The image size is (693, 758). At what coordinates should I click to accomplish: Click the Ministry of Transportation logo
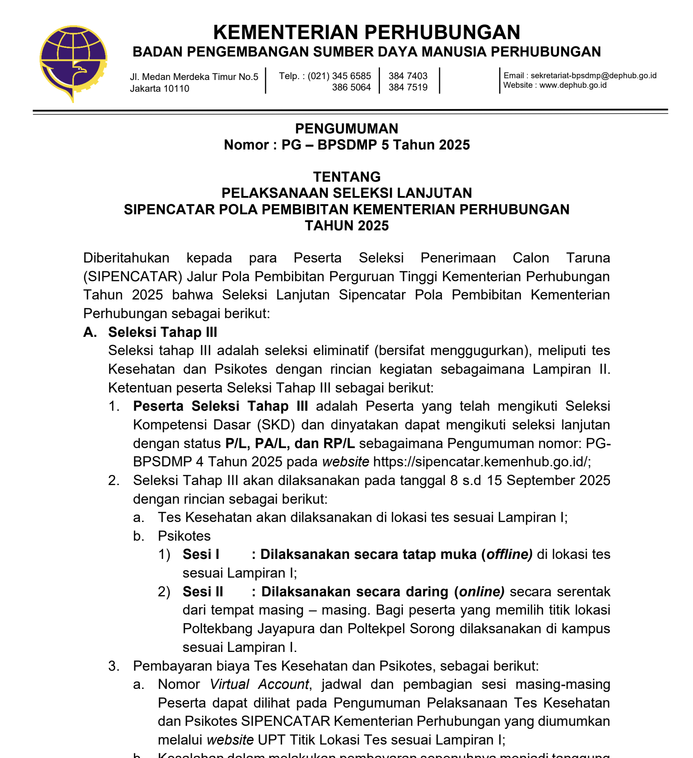pos(73,63)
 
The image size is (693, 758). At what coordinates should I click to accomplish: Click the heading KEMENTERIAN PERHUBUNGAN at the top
pos(366,32)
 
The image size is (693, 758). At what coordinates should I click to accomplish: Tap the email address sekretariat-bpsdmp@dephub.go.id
pos(593,76)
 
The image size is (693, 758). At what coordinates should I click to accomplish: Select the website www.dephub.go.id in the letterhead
pos(573,85)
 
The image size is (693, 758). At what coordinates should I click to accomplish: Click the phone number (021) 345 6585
pos(339,76)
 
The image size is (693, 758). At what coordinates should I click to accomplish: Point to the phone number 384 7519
pos(408,87)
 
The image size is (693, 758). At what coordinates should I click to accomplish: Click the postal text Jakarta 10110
pos(160,89)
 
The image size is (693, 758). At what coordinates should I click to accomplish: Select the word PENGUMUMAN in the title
pos(346,129)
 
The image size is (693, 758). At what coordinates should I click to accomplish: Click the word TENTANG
pos(346,177)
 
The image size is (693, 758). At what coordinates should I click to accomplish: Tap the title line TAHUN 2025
pos(346,226)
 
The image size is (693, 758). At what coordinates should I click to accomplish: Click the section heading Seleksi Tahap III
pos(163,332)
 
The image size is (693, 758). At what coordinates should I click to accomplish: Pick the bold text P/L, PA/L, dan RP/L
pos(290,443)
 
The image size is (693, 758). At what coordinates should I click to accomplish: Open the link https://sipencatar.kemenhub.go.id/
pos(481,462)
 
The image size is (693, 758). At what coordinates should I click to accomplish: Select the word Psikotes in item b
pos(184,536)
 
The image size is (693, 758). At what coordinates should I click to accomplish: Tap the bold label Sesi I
pos(201,555)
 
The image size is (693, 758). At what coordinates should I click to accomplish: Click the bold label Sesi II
pos(203,592)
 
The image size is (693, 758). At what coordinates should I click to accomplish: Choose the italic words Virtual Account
pos(259,685)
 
